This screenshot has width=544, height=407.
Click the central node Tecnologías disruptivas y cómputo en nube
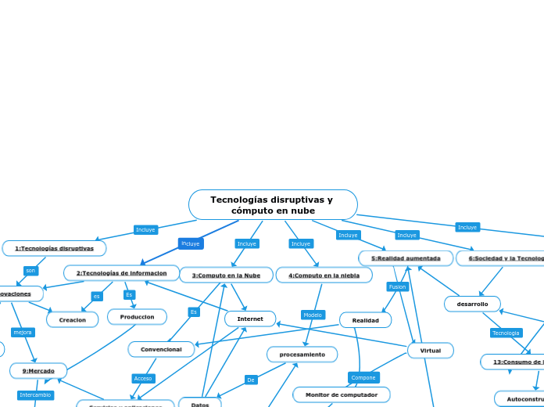(272, 205)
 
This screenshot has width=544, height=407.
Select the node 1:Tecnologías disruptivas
(55, 248)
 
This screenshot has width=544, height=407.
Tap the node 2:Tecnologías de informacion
(121, 273)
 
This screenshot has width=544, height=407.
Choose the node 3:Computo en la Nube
(226, 275)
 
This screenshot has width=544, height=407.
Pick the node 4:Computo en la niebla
(324, 275)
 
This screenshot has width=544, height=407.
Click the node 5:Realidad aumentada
(406, 258)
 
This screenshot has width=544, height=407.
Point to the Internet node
(250, 319)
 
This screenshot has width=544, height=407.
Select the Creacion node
(73, 319)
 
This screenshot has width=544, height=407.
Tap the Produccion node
(137, 316)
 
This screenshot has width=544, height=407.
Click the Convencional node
(161, 349)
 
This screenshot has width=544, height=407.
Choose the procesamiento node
(302, 355)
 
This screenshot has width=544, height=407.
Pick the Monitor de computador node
(341, 394)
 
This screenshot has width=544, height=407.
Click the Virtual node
(430, 351)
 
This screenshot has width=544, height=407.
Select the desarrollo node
(472, 304)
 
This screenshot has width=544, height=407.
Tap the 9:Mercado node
(38, 370)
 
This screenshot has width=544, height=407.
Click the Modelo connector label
(313, 315)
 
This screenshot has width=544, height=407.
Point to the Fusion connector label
(398, 286)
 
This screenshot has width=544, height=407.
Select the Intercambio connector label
(35, 395)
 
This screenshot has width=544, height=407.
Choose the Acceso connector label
(143, 378)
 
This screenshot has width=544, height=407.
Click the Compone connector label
(363, 377)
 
